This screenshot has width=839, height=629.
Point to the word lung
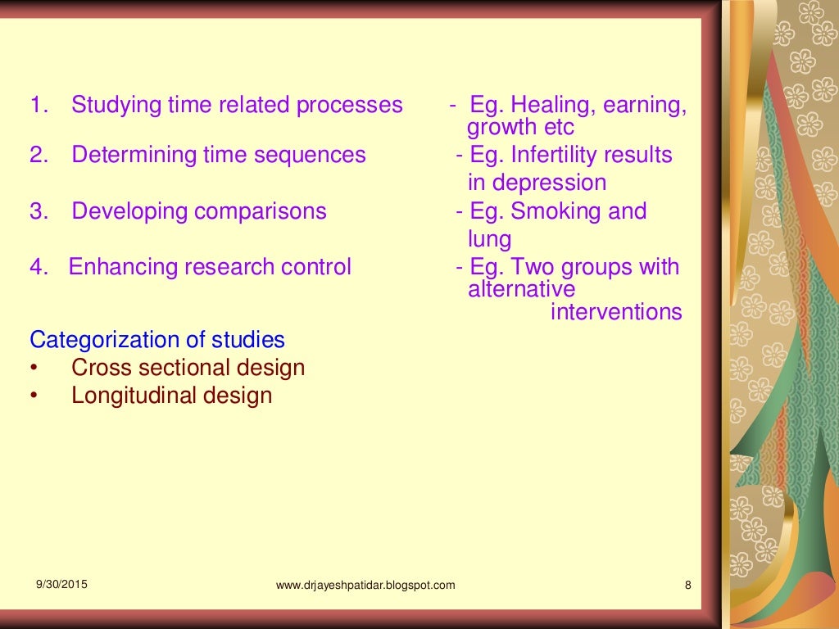tap(489, 239)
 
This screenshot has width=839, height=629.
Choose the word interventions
tap(616, 312)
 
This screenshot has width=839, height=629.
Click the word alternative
tap(521, 289)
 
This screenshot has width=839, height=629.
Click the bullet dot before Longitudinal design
tap(34, 396)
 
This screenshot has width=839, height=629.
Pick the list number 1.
tap(36, 106)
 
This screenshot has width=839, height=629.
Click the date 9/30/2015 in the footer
tap(61, 584)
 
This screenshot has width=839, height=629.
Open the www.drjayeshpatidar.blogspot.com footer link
tap(365, 585)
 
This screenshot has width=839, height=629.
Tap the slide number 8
tap(687, 585)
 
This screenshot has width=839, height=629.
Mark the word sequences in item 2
tap(317, 155)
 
